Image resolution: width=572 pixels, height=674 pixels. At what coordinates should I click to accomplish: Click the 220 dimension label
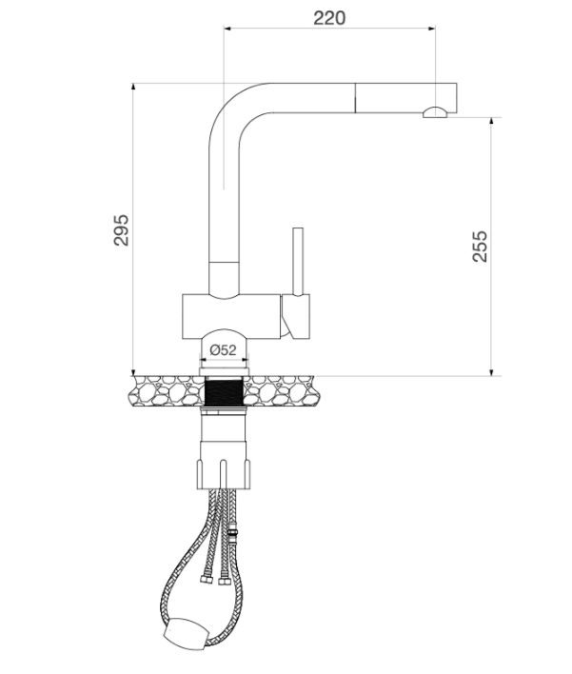(x=329, y=18)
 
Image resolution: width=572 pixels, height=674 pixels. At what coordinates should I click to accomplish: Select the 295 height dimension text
(x=121, y=230)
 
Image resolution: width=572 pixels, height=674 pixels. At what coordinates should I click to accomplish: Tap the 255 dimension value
(x=480, y=247)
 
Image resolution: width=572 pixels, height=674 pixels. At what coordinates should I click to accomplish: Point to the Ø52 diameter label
(x=223, y=350)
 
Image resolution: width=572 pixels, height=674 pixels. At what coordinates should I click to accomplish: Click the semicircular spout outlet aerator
(x=435, y=112)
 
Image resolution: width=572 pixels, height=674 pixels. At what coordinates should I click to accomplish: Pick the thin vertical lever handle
(x=298, y=262)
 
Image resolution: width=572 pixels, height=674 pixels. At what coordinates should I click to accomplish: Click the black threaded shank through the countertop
(x=224, y=391)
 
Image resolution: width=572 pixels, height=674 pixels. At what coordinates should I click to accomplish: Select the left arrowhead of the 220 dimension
(x=227, y=29)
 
